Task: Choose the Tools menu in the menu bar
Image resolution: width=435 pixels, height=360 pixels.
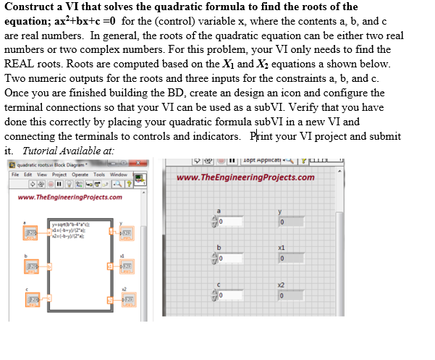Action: pyautogui.click(x=98, y=175)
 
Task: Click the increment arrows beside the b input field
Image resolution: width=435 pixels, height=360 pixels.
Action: pyautogui.click(x=214, y=258)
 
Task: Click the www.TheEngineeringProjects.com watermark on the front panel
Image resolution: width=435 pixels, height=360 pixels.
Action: pyautogui.click(x=245, y=177)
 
